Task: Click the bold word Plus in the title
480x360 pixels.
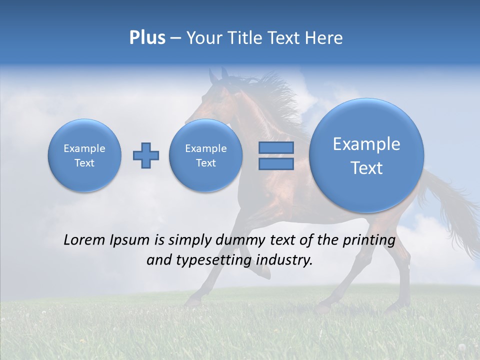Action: pos(147,38)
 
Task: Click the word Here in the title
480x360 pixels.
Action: pos(324,38)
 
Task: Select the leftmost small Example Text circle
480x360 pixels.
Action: pos(84,155)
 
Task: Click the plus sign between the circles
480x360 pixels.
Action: pos(146,155)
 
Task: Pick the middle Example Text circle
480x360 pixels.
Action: pos(206,155)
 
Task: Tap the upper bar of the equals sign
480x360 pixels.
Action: pos(276,147)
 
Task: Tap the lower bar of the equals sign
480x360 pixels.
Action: pos(276,164)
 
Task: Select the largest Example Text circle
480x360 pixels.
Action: pos(366,155)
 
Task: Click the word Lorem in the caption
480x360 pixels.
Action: pos(84,240)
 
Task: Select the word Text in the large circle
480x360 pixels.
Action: pos(366,168)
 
